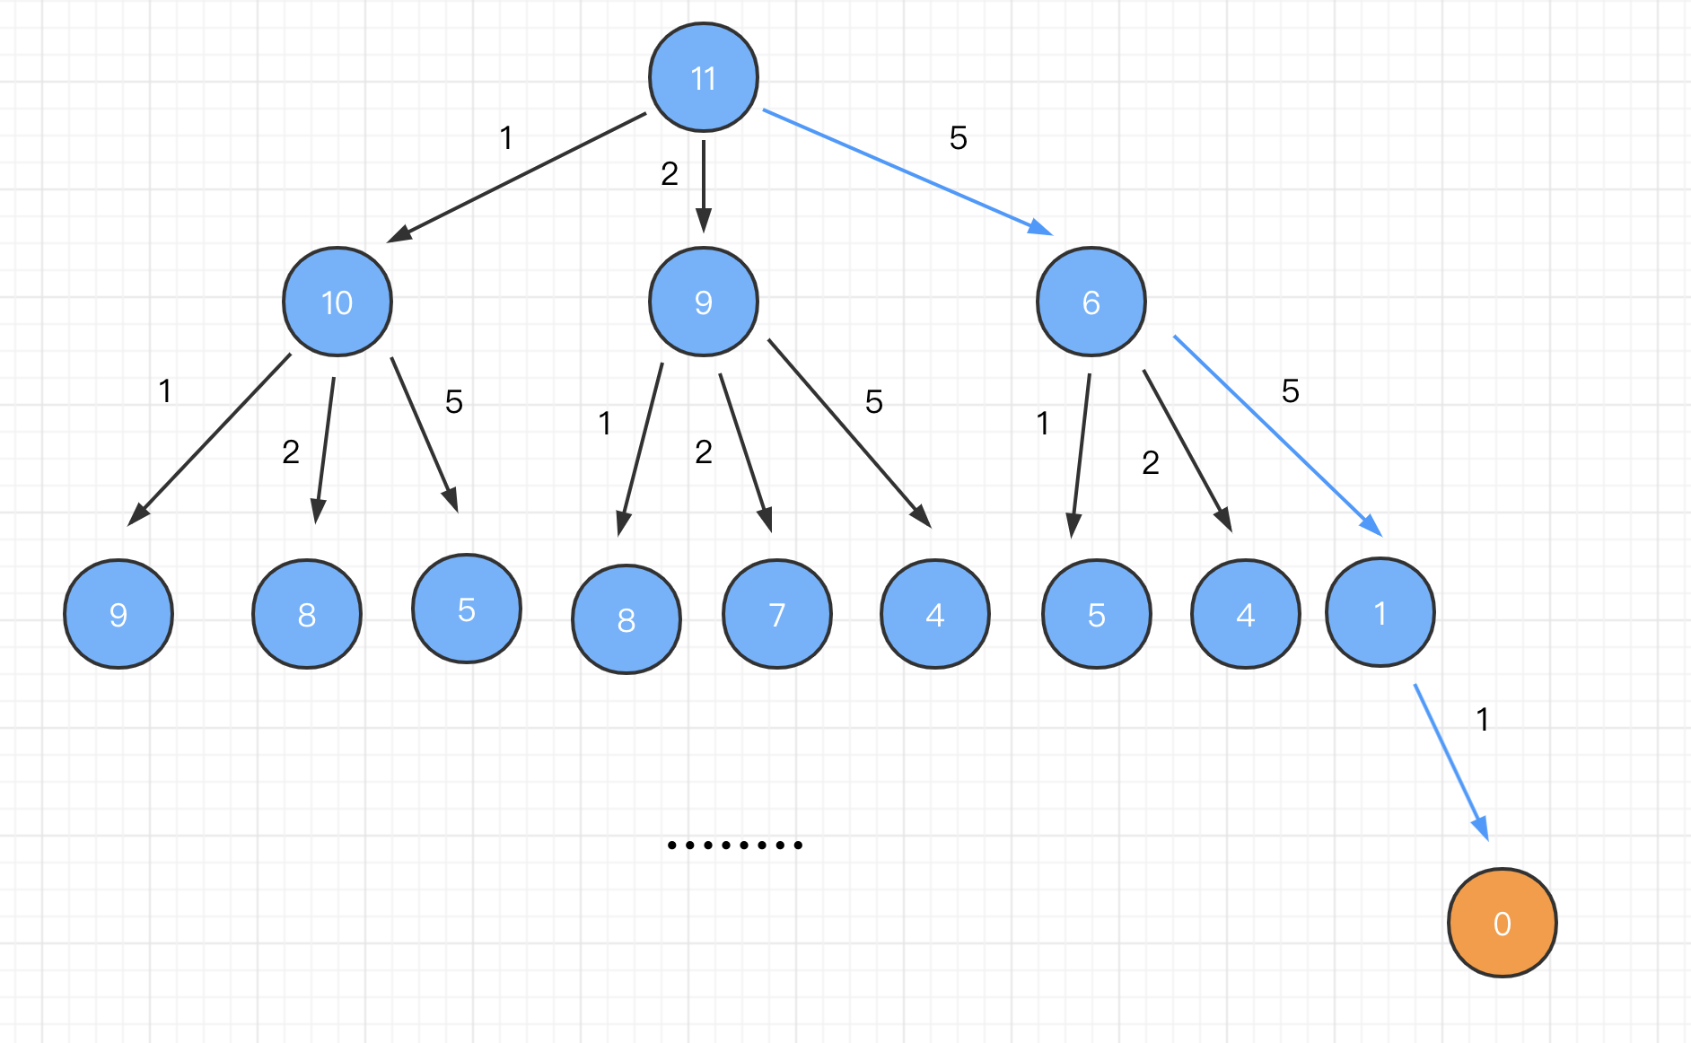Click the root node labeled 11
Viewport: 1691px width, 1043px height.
pos(704,78)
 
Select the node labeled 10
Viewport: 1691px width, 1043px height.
pos(337,302)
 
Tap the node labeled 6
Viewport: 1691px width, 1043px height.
pos(1091,302)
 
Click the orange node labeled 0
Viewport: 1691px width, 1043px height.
pos(1502,923)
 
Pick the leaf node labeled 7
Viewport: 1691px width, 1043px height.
pos(777,614)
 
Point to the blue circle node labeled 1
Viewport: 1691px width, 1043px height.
pos(1380,612)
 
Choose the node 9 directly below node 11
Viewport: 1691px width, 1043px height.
pos(704,302)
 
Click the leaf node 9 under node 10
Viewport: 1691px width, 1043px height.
pos(118,614)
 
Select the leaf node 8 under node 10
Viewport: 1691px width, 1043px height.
pos(307,614)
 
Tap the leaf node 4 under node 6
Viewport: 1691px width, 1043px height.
pos(1245,614)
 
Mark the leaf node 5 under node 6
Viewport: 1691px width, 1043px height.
pos(1096,614)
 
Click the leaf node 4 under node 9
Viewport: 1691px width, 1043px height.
pos(934,614)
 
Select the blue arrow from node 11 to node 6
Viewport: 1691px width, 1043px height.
pos(907,171)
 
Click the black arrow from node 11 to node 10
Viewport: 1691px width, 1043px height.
pos(517,177)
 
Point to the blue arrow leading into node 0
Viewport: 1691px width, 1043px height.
pos(1451,762)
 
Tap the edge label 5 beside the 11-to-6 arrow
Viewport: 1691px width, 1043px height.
pos(958,137)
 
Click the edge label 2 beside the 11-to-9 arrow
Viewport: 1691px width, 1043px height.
pos(670,173)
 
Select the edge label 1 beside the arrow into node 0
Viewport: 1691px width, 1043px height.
pos(1483,719)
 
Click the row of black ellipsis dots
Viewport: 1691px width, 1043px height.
pos(735,845)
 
